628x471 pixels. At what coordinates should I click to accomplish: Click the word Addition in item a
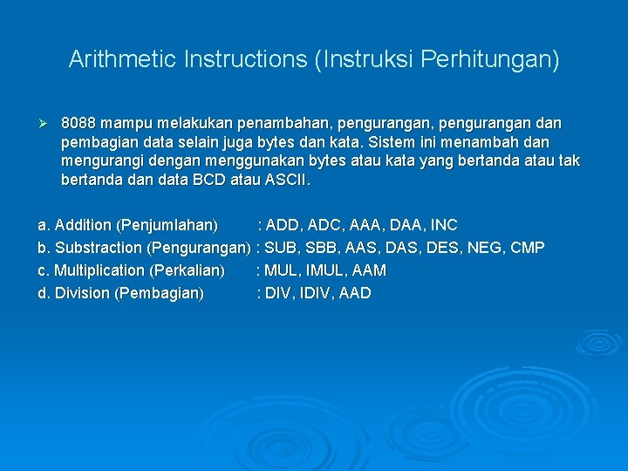click(x=82, y=225)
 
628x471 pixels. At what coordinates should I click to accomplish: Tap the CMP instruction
click(x=528, y=248)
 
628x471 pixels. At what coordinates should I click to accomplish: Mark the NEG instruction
click(x=481, y=248)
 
